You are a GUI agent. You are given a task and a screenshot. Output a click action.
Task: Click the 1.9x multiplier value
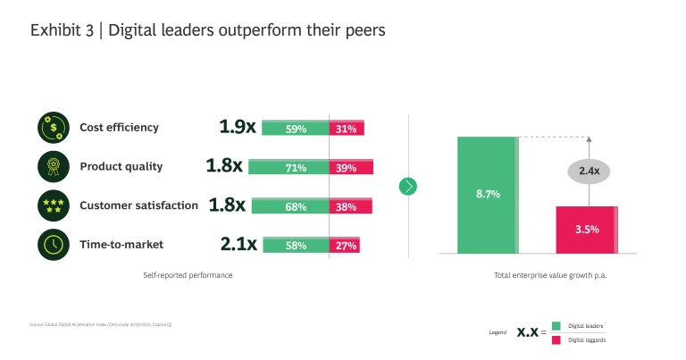pos(237,128)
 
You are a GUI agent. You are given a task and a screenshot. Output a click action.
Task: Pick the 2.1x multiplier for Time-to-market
pos(238,244)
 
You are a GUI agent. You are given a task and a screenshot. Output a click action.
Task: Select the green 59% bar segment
pos(296,129)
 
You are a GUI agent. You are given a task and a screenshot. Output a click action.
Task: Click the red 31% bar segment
pos(347,129)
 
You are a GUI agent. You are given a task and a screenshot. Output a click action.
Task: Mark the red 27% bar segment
pos(345,245)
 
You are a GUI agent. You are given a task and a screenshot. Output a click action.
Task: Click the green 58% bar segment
pos(296,245)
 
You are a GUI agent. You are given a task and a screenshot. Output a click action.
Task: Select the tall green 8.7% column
pos(487,195)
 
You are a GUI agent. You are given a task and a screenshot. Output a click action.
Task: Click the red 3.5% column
pos(586,230)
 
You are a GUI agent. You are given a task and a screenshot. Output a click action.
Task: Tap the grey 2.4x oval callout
pos(589,171)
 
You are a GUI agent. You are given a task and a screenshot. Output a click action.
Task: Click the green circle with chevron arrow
pos(408,186)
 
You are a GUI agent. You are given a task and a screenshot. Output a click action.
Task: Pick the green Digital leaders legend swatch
pos(556,326)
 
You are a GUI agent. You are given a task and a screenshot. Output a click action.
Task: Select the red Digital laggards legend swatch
pos(556,339)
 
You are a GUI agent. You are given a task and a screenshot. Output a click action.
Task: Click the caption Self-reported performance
pos(188,275)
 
